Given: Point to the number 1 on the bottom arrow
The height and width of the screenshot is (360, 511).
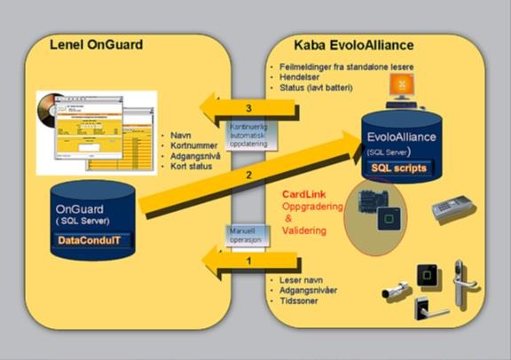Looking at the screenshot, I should click(250, 261).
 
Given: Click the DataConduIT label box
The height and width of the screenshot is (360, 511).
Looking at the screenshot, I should click(91, 239).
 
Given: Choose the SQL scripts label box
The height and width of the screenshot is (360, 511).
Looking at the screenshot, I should click(398, 168).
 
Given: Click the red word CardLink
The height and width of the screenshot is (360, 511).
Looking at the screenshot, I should click(303, 194).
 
